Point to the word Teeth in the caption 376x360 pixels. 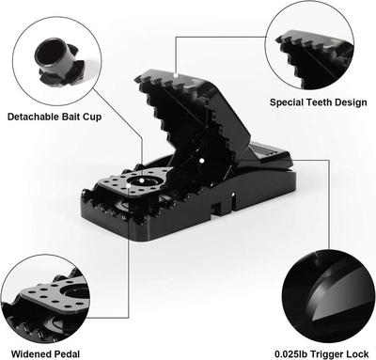click(x=324, y=102)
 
